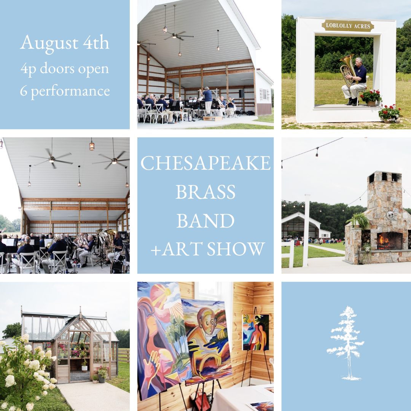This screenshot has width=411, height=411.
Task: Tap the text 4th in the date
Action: (x=96, y=42)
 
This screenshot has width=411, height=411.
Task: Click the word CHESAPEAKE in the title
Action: (x=205, y=163)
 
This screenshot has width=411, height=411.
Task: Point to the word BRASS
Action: (x=205, y=192)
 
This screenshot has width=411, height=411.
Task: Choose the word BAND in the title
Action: (x=205, y=221)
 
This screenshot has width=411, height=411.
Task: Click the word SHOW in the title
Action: (x=236, y=249)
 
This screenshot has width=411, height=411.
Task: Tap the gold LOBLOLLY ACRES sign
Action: (x=348, y=26)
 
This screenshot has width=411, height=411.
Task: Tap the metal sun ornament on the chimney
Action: (x=391, y=215)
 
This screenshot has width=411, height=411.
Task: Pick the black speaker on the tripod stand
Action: (x=241, y=94)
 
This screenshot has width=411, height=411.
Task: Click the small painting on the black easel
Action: (x=256, y=332)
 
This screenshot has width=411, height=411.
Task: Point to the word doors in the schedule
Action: (x=57, y=68)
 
